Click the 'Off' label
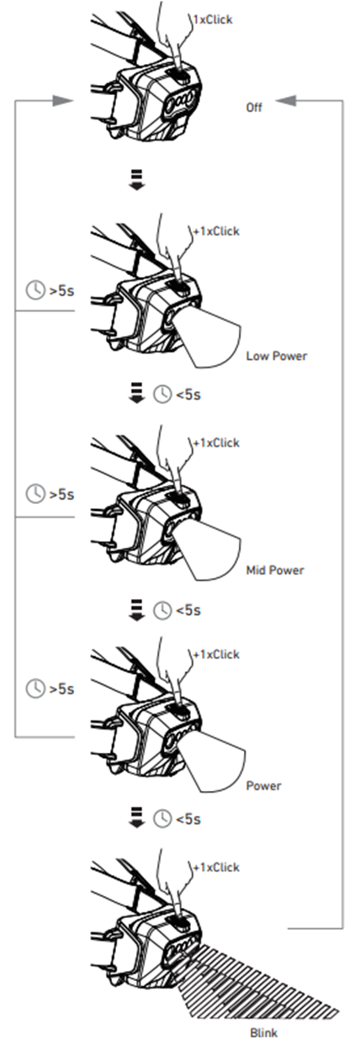(254, 108)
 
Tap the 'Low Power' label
(277, 356)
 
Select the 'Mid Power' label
(275, 570)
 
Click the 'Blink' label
(263, 1032)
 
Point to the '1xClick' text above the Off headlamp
(213, 19)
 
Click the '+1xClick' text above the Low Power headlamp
(216, 231)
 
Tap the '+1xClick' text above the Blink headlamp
(216, 867)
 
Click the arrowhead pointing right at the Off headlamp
(62, 100)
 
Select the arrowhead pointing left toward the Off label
(285, 100)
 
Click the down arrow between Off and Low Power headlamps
(136, 180)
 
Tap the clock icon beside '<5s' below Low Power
(162, 395)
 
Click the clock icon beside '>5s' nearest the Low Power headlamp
(35, 290)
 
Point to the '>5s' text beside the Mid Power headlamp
(61, 494)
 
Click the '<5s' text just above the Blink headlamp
(188, 819)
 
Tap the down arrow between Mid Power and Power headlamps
(136, 610)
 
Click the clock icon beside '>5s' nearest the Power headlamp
(35, 688)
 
